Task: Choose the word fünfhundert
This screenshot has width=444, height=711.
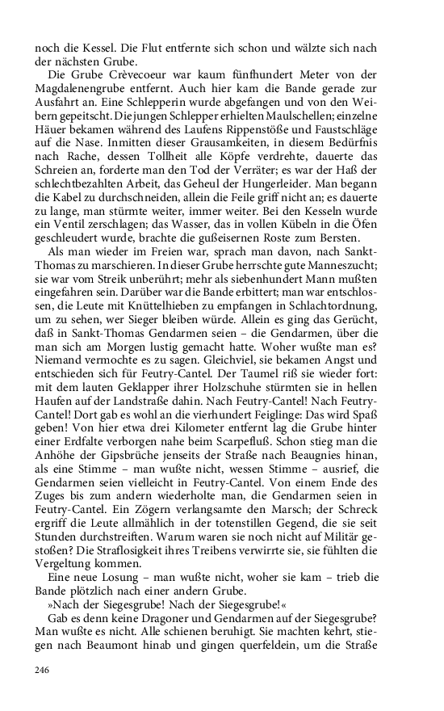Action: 266,74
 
